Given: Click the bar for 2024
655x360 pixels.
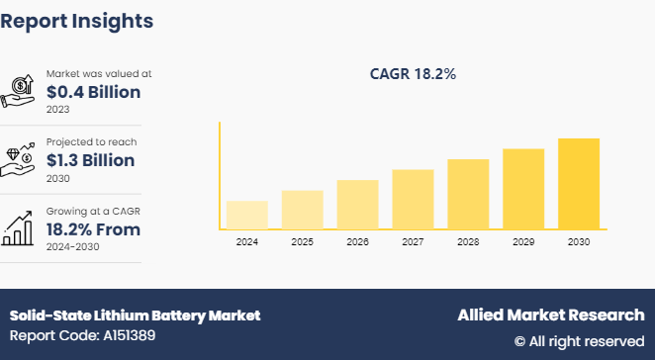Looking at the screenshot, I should tap(247, 215).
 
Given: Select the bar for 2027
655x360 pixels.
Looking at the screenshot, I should tap(413, 199).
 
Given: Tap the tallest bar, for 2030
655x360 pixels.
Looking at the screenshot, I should tap(579, 183).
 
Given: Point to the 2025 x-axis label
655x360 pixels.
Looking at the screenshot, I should tap(302, 241).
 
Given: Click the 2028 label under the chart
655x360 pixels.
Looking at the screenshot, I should tap(468, 241).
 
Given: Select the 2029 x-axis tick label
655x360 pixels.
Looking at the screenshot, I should tap(523, 241).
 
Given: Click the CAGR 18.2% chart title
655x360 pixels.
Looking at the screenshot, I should tap(413, 73).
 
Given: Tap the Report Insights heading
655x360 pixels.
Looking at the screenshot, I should tap(77, 20).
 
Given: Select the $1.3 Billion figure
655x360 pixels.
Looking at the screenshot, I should tap(94, 160).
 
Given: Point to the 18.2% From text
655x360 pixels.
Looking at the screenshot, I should tap(93, 229).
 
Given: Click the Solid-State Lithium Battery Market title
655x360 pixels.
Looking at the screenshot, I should tap(136, 315).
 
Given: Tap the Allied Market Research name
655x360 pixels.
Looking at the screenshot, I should tap(550, 315).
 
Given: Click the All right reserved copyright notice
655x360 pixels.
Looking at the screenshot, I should tap(579, 341).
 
